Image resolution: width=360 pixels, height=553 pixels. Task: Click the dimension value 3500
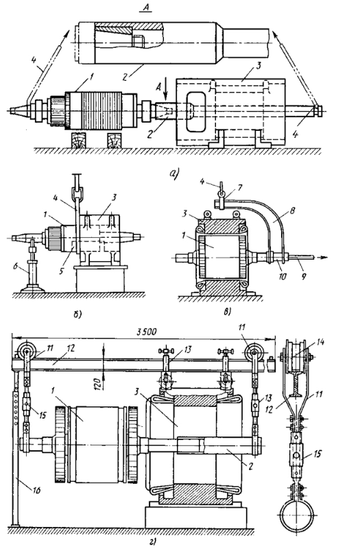pyautogui.click(x=145, y=332)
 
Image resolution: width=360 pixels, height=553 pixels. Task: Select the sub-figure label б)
pyautogui.click(x=77, y=315)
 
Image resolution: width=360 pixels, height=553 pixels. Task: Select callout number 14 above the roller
pyautogui.click(x=320, y=342)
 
